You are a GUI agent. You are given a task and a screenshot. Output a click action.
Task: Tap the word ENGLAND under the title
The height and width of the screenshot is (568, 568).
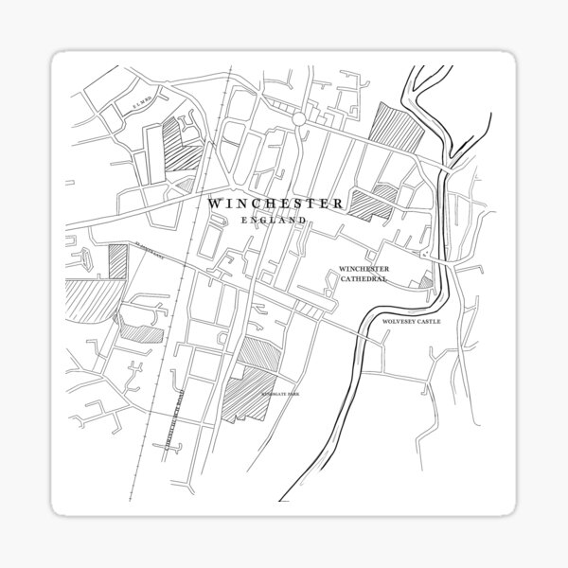click(274, 221)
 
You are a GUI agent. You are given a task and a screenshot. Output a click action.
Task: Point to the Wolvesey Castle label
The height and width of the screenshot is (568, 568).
click(412, 322)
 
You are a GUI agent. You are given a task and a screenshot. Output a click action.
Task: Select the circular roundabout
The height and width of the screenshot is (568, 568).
click(299, 119)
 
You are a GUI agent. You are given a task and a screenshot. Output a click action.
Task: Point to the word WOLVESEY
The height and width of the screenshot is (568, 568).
click(398, 322)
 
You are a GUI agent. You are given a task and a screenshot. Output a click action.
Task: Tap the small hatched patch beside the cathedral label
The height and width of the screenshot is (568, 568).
click(427, 279)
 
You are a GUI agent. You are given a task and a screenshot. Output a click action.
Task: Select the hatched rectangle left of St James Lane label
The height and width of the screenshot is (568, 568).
click(117, 259)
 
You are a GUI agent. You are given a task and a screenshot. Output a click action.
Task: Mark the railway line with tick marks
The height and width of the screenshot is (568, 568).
click(189, 284)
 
